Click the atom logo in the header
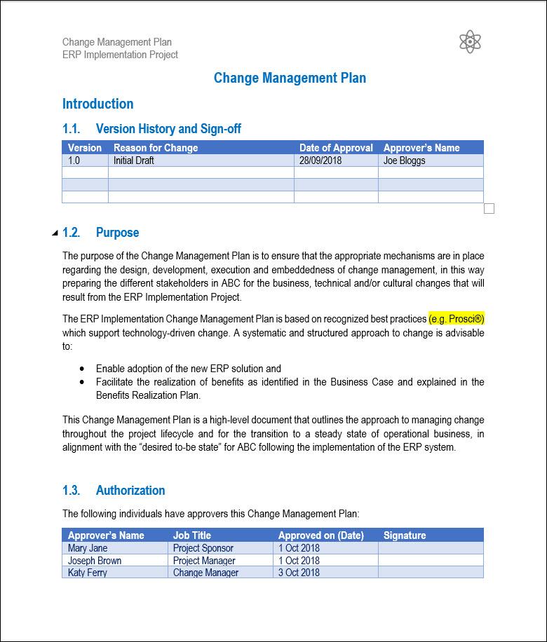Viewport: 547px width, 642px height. (469, 42)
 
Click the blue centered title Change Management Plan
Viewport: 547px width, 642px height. (290, 78)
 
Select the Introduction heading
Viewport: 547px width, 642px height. (97, 104)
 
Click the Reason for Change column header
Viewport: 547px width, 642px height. (156, 148)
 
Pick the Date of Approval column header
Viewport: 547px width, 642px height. (336, 148)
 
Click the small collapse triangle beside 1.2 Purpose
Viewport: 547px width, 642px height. (55, 233)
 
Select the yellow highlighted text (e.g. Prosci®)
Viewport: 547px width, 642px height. (457, 319)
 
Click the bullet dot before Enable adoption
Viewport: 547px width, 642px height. (83, 368)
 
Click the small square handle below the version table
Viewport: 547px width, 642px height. (489, 208)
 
